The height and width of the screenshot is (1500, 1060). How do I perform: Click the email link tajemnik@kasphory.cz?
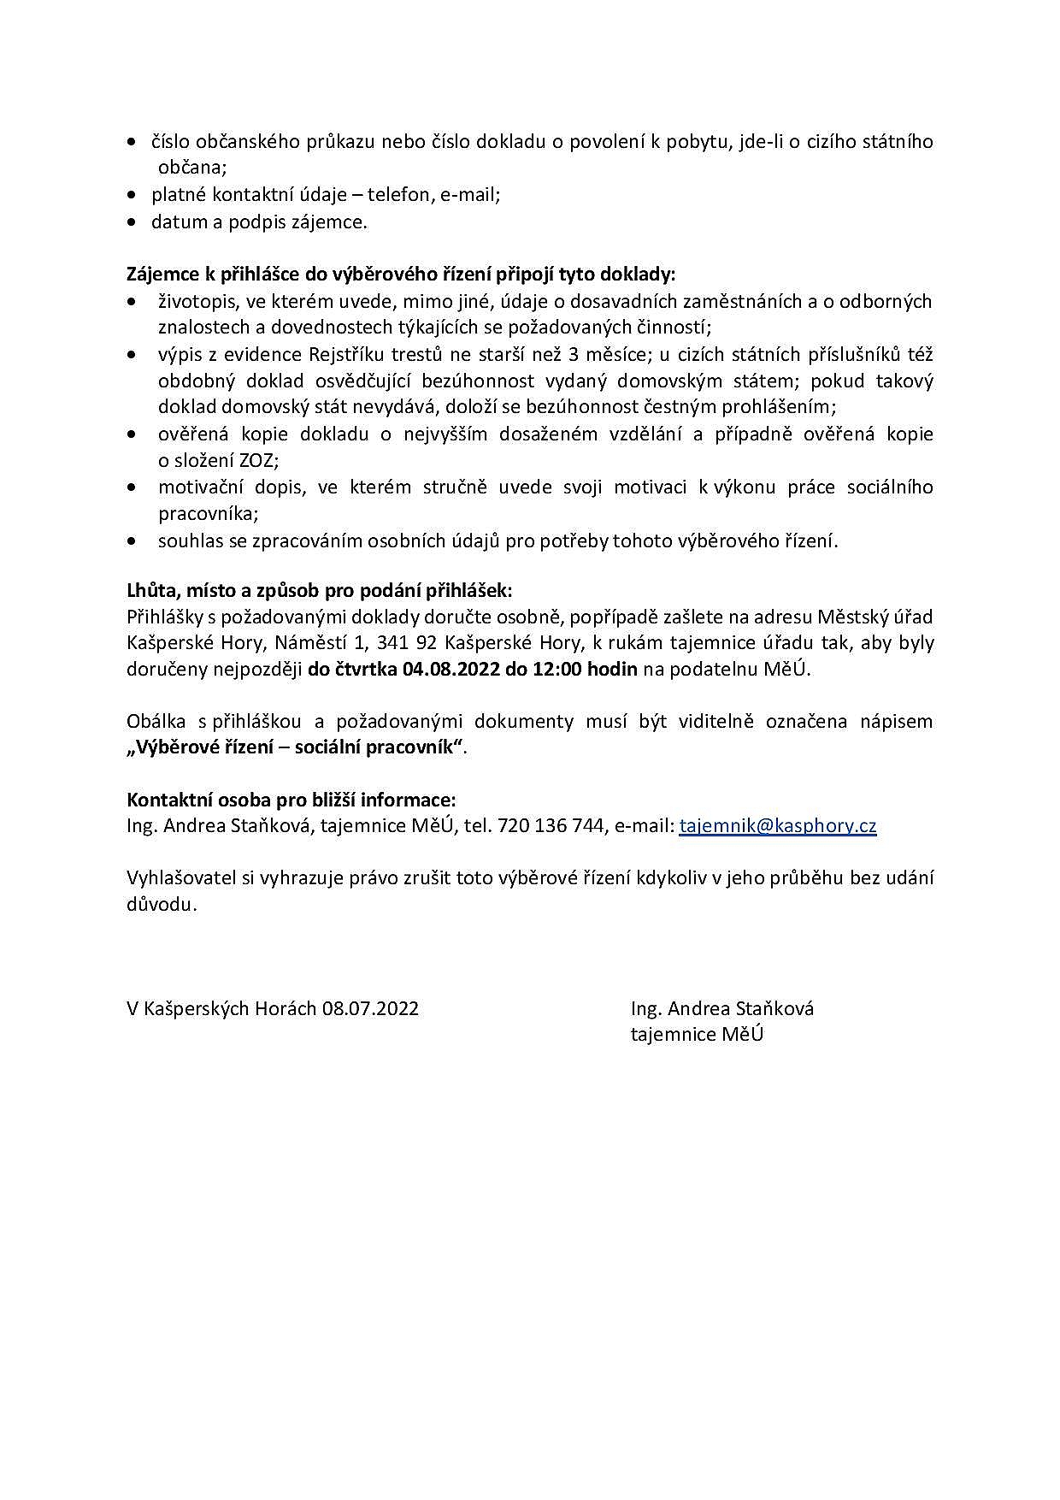coord(777,826)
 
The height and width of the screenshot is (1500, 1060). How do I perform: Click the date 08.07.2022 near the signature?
coord(370,1008)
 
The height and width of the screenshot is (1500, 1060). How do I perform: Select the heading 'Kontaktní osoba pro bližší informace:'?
coord(291,800)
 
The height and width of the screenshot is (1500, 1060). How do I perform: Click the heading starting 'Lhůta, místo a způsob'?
coord(320,590)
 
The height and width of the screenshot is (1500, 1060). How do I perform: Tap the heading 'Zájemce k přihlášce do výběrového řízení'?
coord(401,275)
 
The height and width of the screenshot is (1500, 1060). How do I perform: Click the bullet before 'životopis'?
coord(131,301)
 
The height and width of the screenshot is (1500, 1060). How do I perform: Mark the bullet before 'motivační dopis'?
coord(131,487)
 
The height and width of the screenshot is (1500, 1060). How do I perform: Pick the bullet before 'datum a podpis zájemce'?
coord(131,222)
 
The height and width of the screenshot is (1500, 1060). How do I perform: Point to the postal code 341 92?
coord(406,642)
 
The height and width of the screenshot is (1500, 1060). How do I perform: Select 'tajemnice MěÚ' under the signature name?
coord(697,1035)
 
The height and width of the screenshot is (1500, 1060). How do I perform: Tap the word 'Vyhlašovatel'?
coord(181,878)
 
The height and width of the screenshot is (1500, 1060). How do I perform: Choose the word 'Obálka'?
coord(156,721)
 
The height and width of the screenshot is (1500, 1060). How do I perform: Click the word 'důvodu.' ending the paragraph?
coord(162,905)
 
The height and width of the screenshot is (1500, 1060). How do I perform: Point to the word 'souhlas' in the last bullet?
coord(189,540)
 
